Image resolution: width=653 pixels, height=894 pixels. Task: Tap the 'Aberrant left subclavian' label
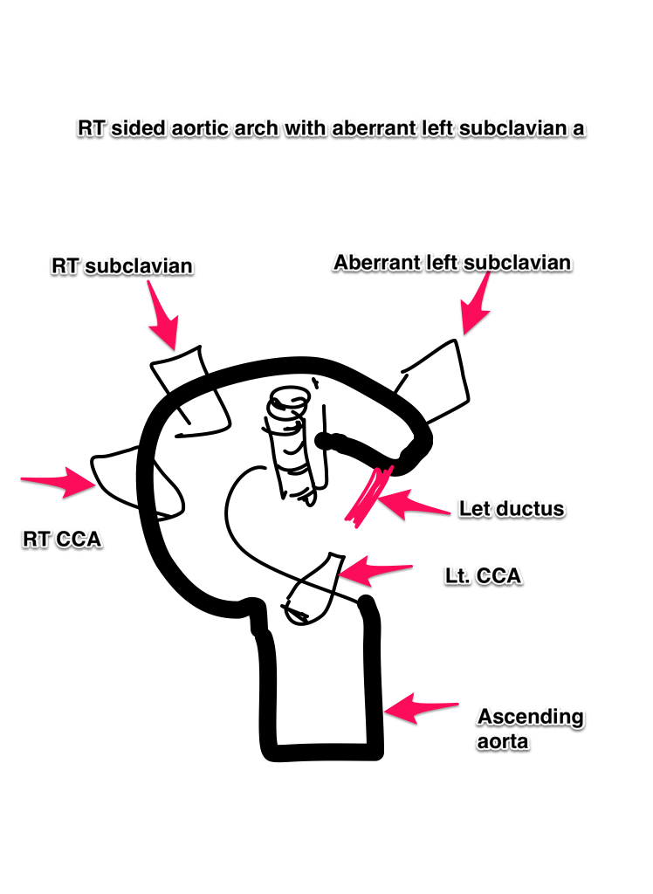coord(452,263)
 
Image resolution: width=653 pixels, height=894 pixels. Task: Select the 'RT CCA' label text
coord(61,540)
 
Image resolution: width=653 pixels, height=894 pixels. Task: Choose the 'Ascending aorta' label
coord(530,730)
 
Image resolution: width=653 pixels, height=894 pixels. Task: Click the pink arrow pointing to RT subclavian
coord(165,321)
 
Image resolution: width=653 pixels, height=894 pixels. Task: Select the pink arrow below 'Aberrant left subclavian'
coord(477,309)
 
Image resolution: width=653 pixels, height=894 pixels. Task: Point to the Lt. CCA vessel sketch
coord(315,588)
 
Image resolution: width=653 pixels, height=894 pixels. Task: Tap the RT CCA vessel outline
coord(132,476)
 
